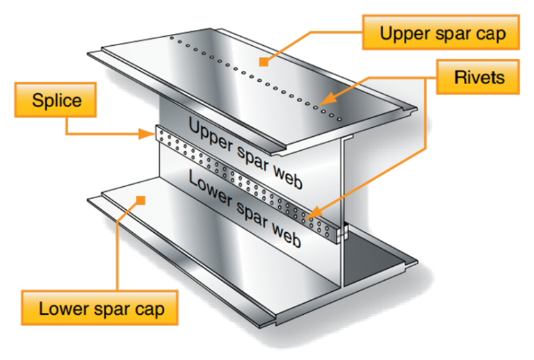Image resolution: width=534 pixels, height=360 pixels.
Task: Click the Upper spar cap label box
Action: (x=440, y=32)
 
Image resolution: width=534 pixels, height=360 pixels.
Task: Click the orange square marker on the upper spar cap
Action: (x=263, y=63)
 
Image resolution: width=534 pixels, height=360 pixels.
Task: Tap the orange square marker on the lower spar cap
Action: (x=141, y=200)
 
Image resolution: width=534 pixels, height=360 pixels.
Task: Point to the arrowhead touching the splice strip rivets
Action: (x=307, y=217)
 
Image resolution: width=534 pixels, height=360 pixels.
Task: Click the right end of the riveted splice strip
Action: (x=341, y=232)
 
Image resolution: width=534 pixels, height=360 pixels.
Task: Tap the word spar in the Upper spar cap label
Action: (x=449, y=33)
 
